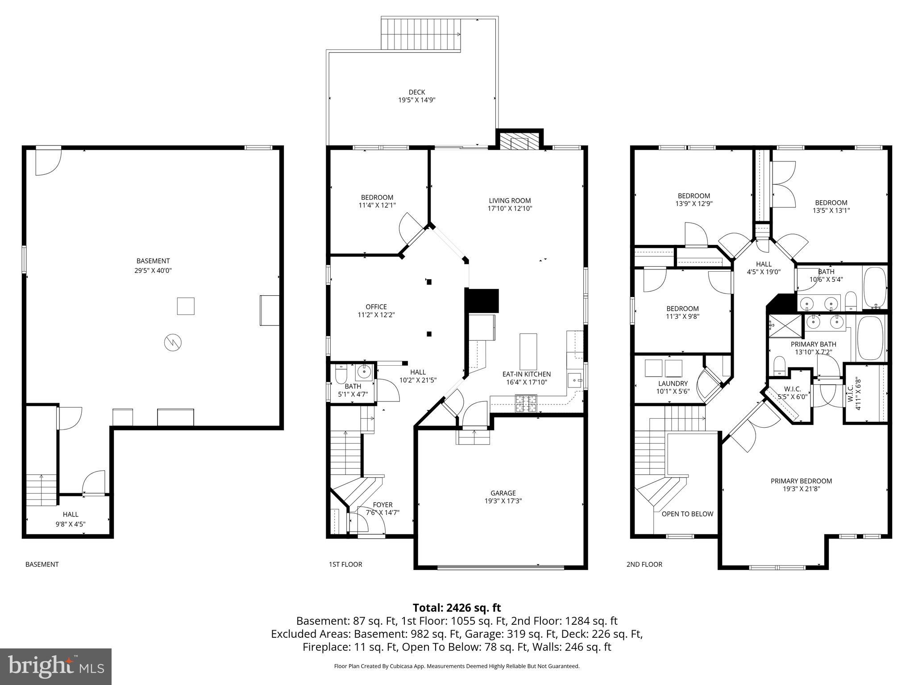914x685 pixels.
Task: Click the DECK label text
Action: (x=416, y=92)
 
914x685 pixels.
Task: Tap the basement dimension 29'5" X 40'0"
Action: (x=153, y=270)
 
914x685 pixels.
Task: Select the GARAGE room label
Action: (x=503, y=493)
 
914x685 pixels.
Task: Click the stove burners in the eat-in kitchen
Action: (x=526, y=404)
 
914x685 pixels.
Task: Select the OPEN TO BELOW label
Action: (x=687, y=514)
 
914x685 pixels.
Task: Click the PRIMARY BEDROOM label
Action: (x=801, y=481)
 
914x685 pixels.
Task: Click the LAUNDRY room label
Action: (x=673, y=384)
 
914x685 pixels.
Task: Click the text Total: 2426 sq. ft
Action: (x=457, y=607)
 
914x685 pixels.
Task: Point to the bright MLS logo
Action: (x=56, y=666)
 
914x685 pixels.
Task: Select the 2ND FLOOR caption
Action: (x=644, y=564)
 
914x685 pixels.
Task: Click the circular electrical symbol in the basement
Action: (x=173, y=342)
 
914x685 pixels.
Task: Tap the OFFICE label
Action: (x=376, y=307)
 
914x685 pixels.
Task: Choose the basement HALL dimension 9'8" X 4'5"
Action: (x=70, y=524)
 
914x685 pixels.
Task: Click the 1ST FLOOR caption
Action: (x=345, y=564)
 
